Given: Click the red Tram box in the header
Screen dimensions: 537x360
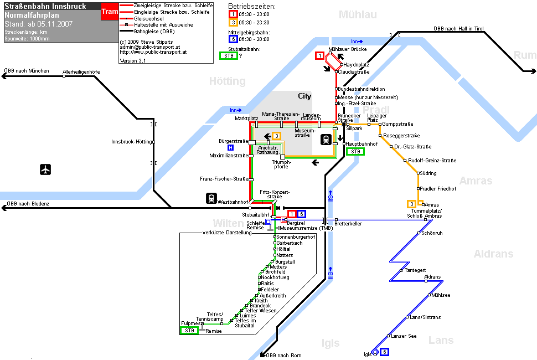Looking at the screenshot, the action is pos(110,11).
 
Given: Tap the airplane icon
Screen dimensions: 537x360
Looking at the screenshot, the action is pos(45,169).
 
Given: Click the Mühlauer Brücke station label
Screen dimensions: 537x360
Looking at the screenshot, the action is pos(348,49).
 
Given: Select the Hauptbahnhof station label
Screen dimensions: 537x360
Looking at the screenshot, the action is pos(362,144).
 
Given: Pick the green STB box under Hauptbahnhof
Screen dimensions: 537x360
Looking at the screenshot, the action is pos(355,151).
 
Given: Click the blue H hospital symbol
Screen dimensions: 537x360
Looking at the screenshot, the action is pos(230,148).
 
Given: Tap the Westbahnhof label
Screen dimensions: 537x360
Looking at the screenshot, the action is pos(233,202).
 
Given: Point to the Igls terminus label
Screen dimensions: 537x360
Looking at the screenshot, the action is pos(368,354).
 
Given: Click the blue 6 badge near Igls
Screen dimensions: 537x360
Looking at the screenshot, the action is pos(385,352).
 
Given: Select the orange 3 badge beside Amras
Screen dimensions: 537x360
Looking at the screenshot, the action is pos(412,204).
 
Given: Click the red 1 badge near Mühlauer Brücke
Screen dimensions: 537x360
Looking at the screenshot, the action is pos(320,55).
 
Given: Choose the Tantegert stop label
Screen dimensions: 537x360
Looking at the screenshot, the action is pos(415,270).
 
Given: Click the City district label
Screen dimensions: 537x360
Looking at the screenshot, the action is pos(304,96).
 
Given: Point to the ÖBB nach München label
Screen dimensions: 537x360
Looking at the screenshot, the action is pos(27,71).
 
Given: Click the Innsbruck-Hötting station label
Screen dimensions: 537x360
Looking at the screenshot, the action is pos(132,142).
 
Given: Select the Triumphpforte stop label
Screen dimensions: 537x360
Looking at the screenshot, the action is pos(281,164).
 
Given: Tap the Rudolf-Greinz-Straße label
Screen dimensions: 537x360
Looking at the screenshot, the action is pos(432,160).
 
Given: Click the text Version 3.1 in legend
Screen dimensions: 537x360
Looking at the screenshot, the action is pos(132,60).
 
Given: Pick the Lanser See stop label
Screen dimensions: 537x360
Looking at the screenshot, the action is pos(404,336).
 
